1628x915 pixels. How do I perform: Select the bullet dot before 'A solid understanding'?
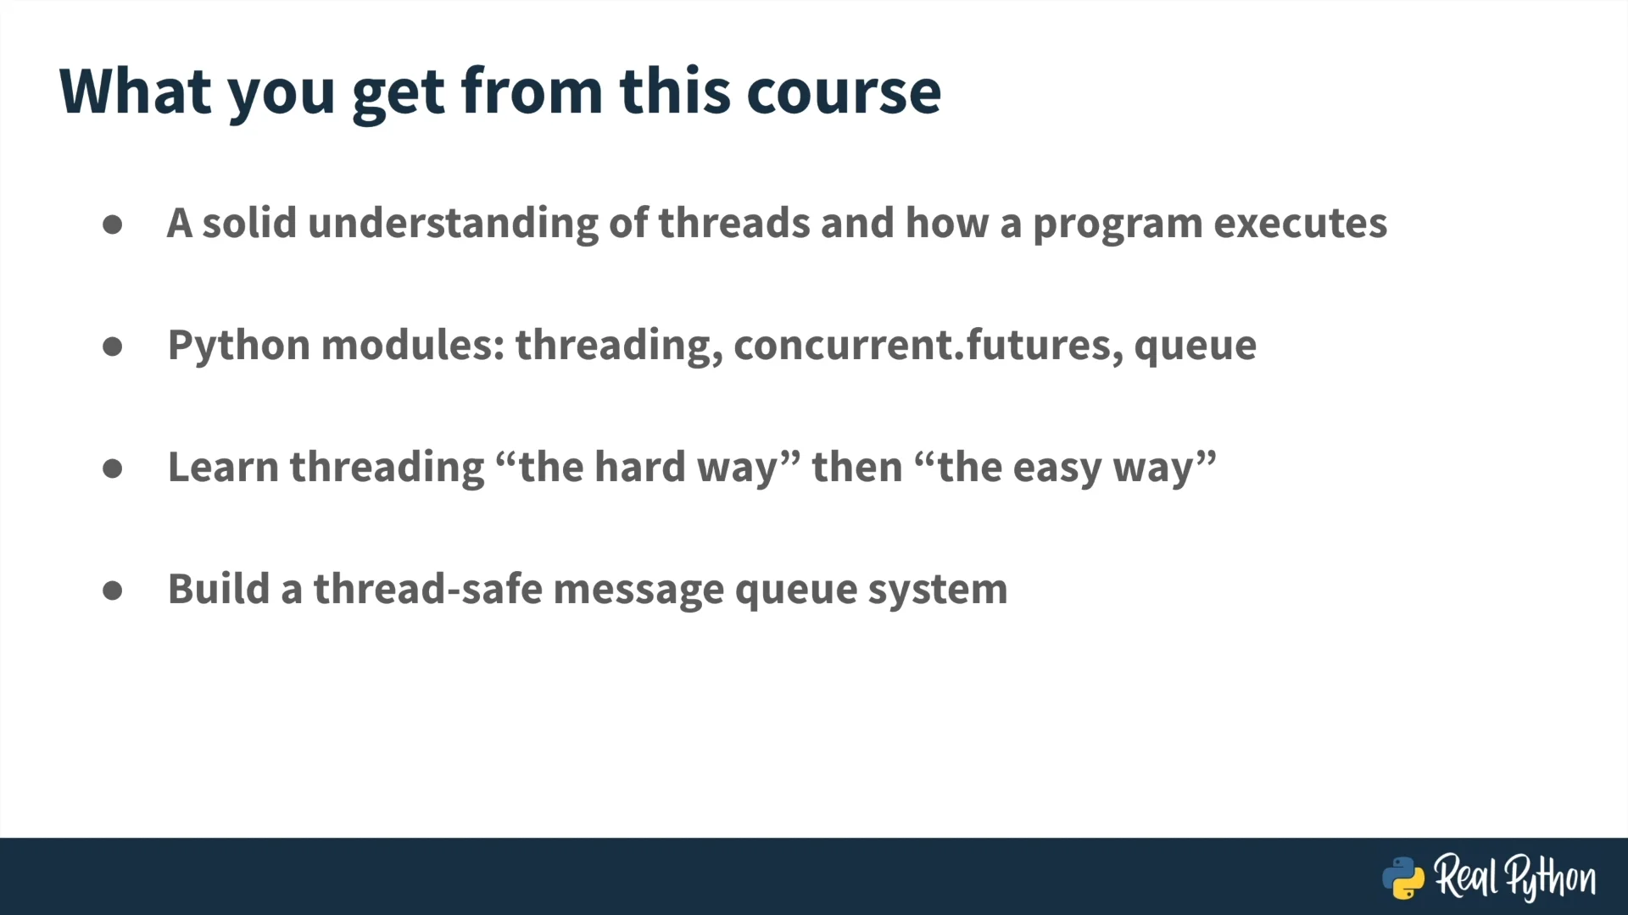click(113, 225)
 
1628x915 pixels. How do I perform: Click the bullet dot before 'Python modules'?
click(113, 347)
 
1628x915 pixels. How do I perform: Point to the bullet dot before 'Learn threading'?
click(113, 469)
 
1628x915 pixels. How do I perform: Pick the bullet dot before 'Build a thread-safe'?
click(113, 591)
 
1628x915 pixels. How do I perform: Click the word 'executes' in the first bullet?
click(1300, 225)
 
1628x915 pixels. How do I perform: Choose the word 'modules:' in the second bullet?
click(413, 345)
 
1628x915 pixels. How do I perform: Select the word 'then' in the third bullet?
click(857, 467)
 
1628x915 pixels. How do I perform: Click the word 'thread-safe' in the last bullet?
click(428, 589)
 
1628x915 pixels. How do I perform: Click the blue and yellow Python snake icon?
click(1403, 878)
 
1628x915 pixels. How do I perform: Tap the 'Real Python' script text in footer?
click(1515, 877)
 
